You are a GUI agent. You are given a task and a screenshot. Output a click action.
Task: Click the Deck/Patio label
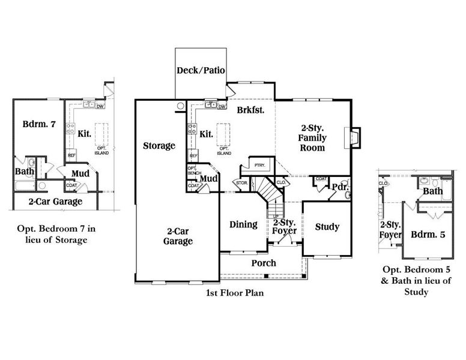click(201, 71)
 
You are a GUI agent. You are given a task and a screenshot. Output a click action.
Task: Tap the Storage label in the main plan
click(159, 146)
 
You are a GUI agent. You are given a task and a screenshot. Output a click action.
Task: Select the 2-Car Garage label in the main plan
click(178, 236)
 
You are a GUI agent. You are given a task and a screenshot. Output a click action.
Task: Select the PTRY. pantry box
click(260, 165)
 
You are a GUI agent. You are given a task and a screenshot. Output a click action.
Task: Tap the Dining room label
click(244, 224)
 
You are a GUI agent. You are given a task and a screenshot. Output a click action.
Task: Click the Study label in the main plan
click(327, 227)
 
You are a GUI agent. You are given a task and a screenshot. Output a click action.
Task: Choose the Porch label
click(264, 263)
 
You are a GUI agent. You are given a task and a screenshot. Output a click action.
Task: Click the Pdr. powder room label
click(339, 187)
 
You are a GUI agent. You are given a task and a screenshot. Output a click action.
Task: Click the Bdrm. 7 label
click(39, 125)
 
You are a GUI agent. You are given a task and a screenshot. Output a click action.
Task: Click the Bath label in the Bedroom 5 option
click(432, 191)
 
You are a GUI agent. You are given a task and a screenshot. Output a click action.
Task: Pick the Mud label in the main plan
click(208, 179)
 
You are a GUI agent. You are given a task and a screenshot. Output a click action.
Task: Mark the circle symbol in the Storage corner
click(180, 107)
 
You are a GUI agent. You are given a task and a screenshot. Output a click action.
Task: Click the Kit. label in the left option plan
click(85, 133)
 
